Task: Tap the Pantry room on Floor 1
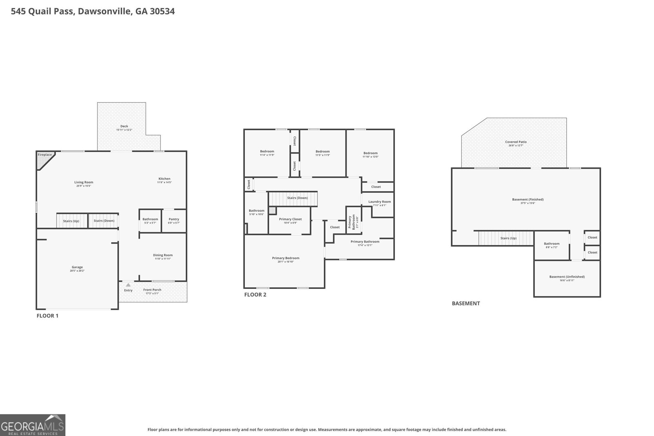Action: click(174, 221)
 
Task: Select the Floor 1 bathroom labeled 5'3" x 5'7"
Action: click(150, 221)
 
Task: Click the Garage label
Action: click(77, 267)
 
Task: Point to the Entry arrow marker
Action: click(128, 285)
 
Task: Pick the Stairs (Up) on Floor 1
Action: click(71, 221)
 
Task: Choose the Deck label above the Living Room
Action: click(124, 126)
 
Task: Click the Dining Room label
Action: click(163, 255)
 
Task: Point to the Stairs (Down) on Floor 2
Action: click(297, 198)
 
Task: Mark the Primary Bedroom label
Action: click(286, 258)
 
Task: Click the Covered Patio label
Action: click(516, 142)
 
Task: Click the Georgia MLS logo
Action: click(32, 425)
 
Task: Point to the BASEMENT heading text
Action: click(466, 303)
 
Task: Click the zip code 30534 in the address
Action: click(162, 11)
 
